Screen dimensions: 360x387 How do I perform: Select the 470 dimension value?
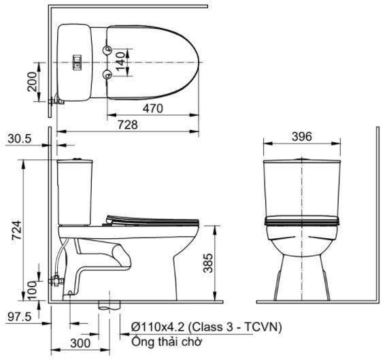154,108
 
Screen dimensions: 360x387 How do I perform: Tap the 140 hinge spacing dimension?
120,62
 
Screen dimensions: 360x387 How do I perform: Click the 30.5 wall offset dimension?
20,139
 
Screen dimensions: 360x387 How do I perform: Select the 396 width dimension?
301,137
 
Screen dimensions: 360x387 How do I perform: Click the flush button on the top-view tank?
78,63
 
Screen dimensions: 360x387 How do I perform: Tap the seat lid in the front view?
301,221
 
